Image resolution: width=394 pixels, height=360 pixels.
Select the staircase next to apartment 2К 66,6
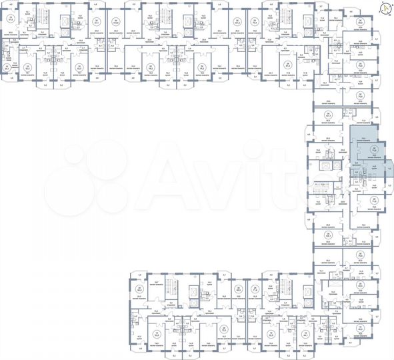coord(172,292)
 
